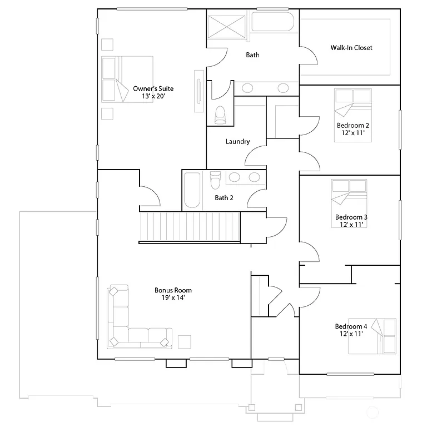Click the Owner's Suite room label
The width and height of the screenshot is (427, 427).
coord(153,88)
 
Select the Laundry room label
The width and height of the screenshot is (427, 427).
coord(237,142)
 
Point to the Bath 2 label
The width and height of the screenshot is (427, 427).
coord(224,198)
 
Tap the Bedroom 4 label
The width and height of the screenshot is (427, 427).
coord(351,326)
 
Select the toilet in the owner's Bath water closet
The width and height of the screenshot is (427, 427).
coord(220,113)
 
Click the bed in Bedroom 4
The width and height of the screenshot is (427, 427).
coord(373,336)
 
